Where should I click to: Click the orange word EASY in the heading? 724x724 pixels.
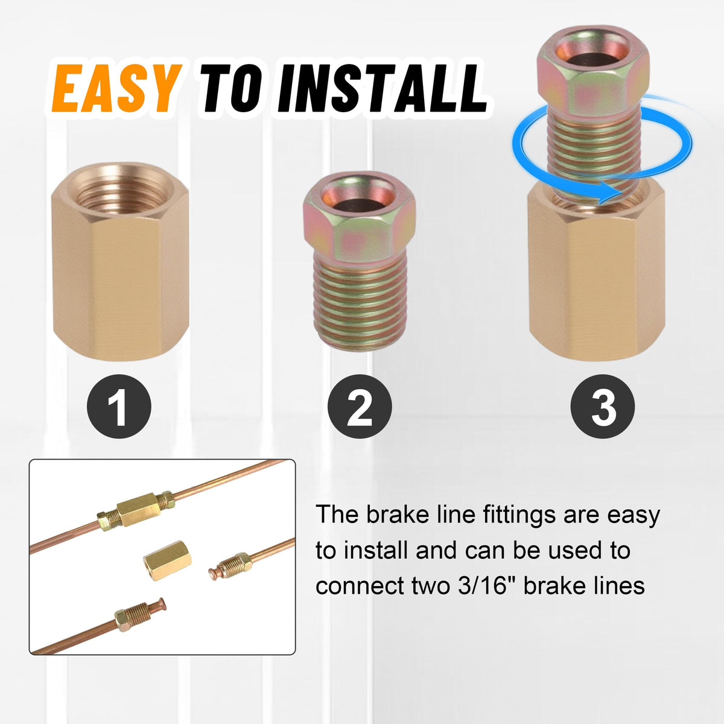tap(115, 89)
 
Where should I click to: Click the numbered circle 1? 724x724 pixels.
tap(119, 406)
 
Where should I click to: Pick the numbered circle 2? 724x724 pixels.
tap(360, 406)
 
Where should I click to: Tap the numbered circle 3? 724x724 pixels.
tap(602, 406)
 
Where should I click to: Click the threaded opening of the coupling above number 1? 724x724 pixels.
tap(120, 191)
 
